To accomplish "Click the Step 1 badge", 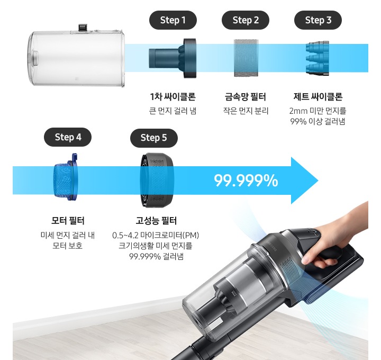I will (173, 20).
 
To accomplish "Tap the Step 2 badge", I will (246, 20).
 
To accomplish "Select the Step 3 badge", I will (318, 20).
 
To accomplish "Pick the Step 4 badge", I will (68, 137).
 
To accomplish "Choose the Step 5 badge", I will (154, 138).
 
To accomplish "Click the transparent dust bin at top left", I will (77, 55).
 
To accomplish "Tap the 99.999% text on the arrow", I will (246, 181).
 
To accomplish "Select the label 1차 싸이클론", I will (173, 97).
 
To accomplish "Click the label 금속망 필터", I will (245, 97).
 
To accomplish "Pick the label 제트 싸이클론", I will (317, 97).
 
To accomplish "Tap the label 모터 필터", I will (68, 220).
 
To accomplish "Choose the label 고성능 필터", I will (156, 221).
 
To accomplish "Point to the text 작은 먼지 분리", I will (246, 111).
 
